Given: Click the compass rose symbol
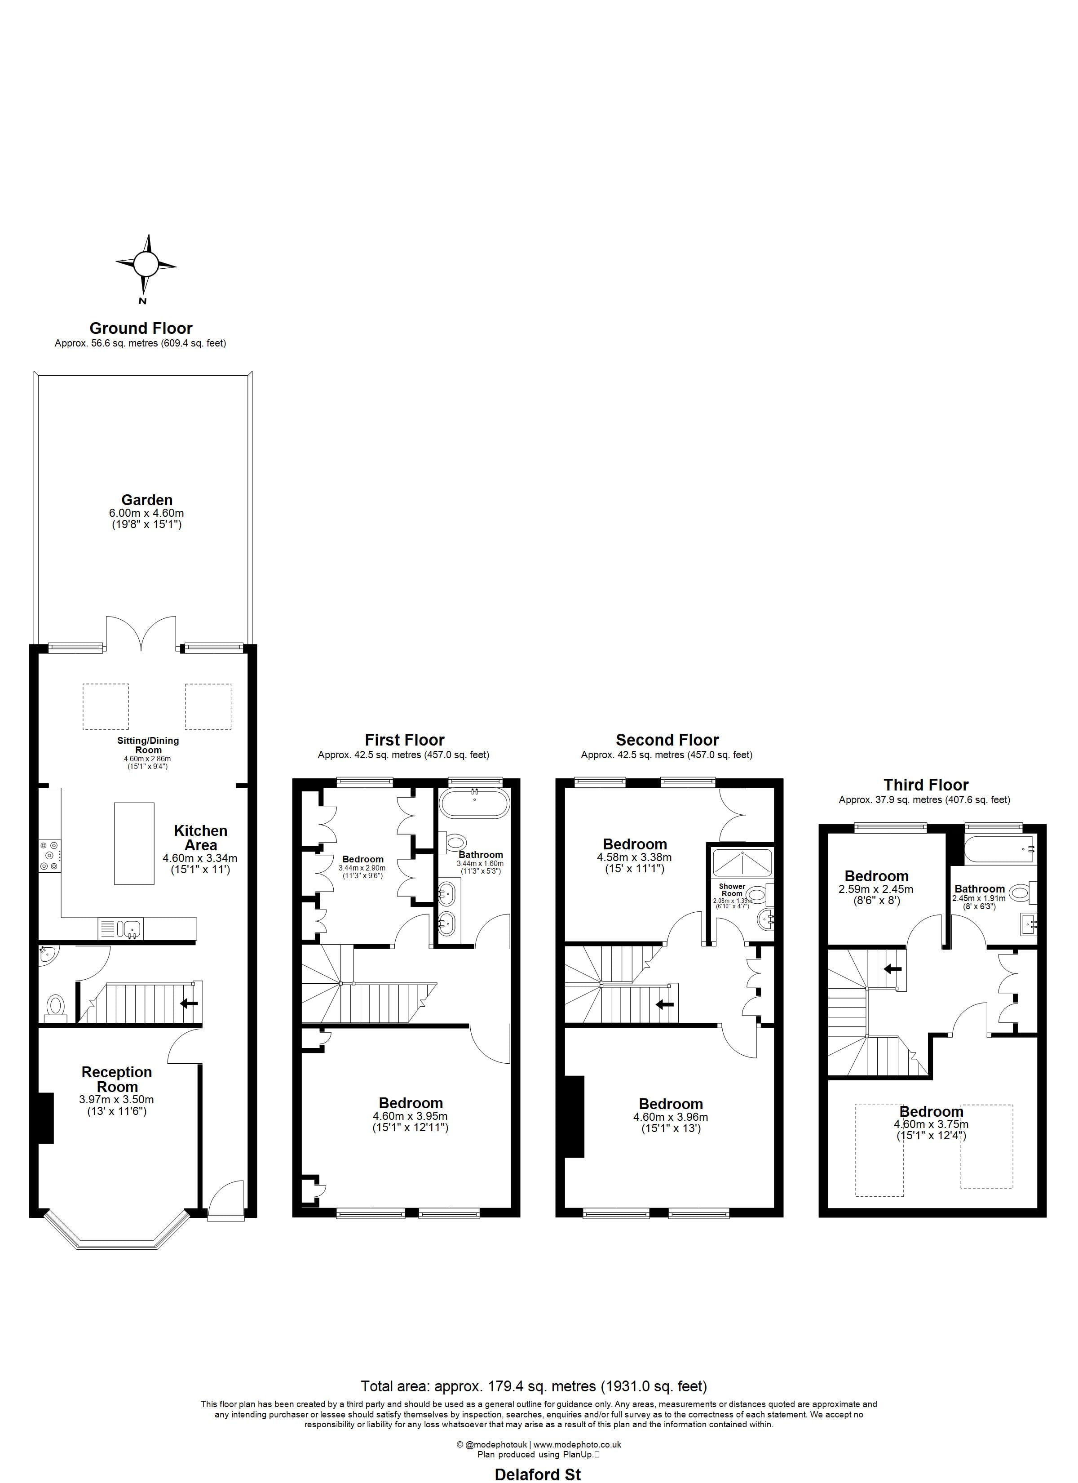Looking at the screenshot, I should [146, 265].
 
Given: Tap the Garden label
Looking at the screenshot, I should [146, 500].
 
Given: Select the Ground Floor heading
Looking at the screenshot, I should [141, 328].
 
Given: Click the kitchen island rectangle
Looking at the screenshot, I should [134, 844].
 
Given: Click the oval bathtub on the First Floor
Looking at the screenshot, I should [474, 804].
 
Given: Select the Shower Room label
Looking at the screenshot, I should [732, 890].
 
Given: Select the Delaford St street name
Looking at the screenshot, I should [537, 1474].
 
